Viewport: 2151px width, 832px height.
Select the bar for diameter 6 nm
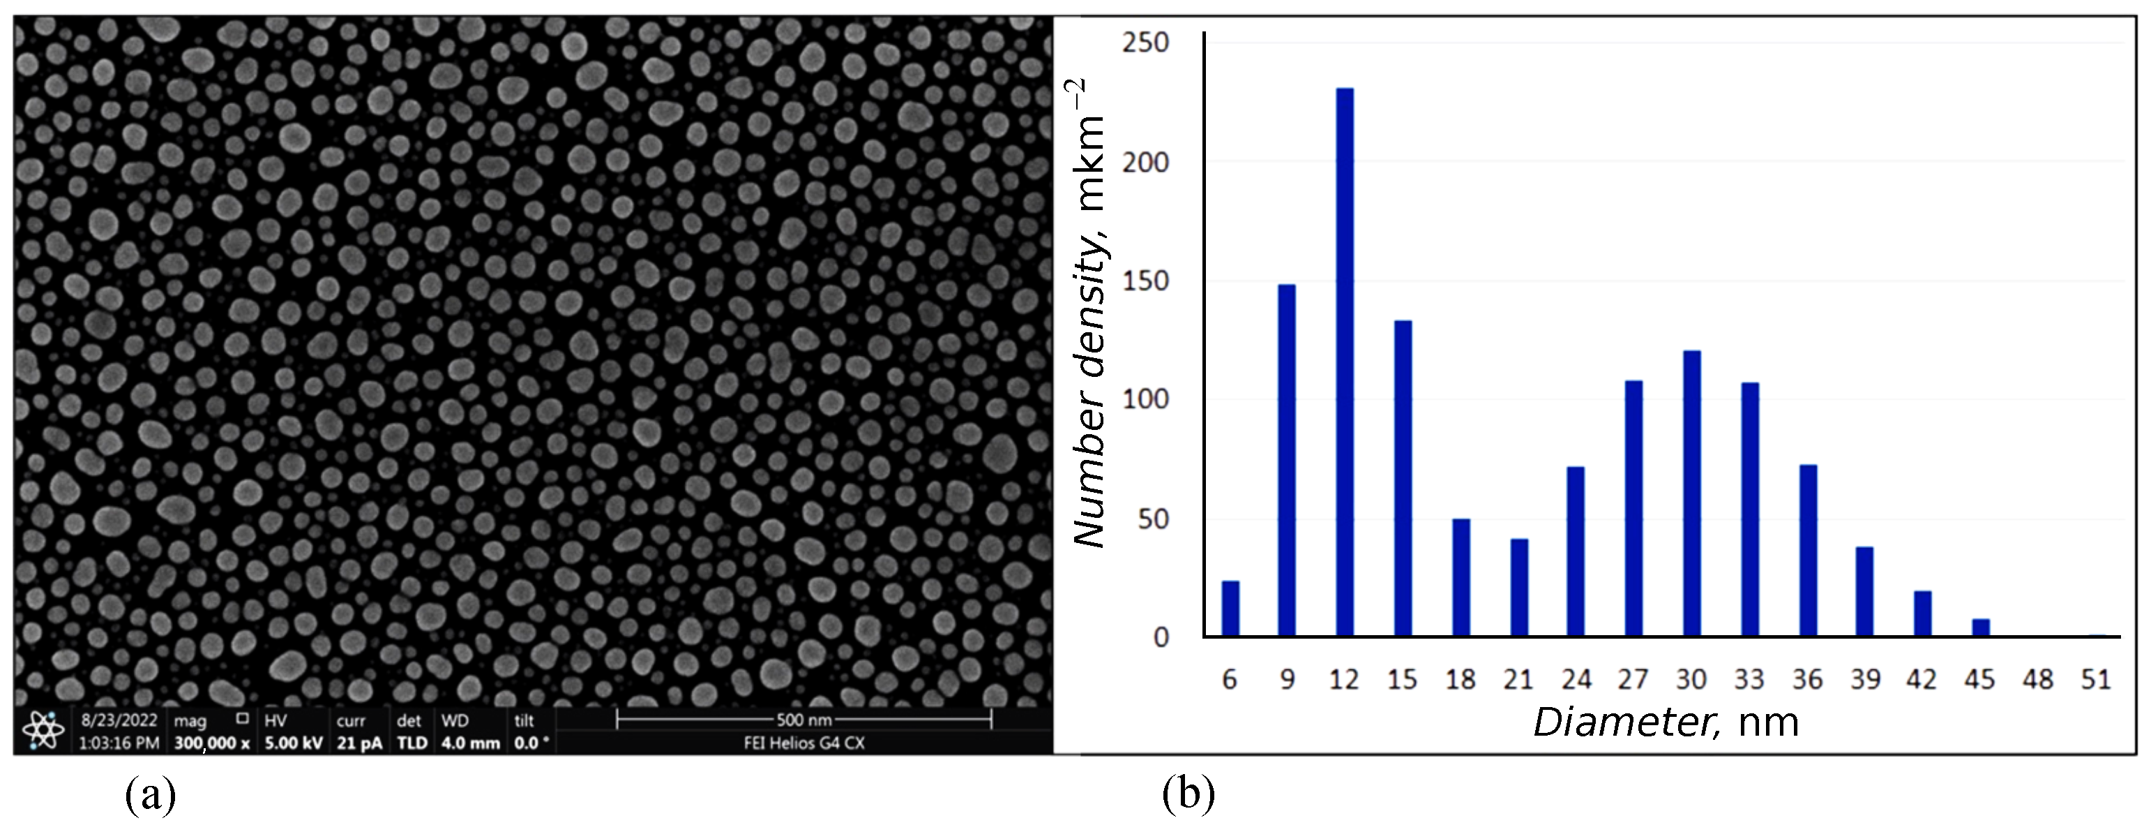tap(1230, 608)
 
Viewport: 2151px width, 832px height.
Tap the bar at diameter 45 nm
tap(1981, 627)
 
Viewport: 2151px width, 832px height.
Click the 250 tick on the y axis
tap(1146, 43)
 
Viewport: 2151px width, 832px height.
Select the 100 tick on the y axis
tap(1146, 399)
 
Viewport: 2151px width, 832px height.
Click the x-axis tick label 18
tap(1461, 680)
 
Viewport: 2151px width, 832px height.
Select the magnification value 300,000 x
tap(212, 743)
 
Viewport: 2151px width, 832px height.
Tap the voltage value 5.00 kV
tap(294, 743)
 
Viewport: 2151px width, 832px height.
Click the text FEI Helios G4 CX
tap(804, 743)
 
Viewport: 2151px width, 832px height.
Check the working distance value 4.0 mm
tap(470, 743)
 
